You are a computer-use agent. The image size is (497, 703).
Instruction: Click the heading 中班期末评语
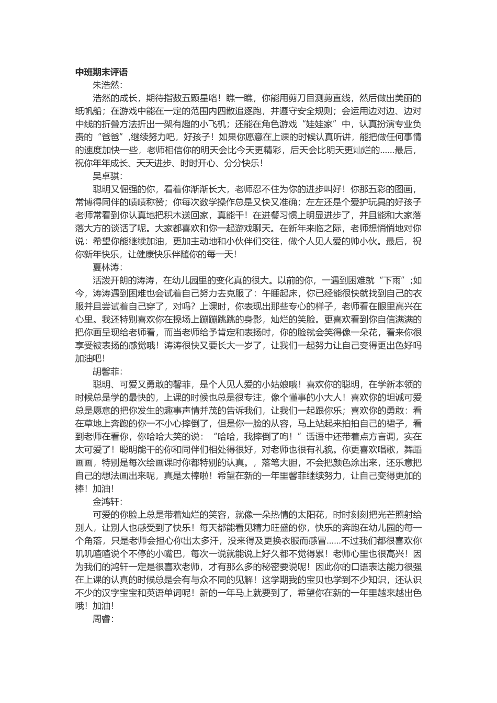coord(101,72)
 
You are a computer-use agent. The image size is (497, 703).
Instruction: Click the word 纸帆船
coord(88,111)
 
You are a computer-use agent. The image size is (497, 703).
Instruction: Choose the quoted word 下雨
coord(393,280)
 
